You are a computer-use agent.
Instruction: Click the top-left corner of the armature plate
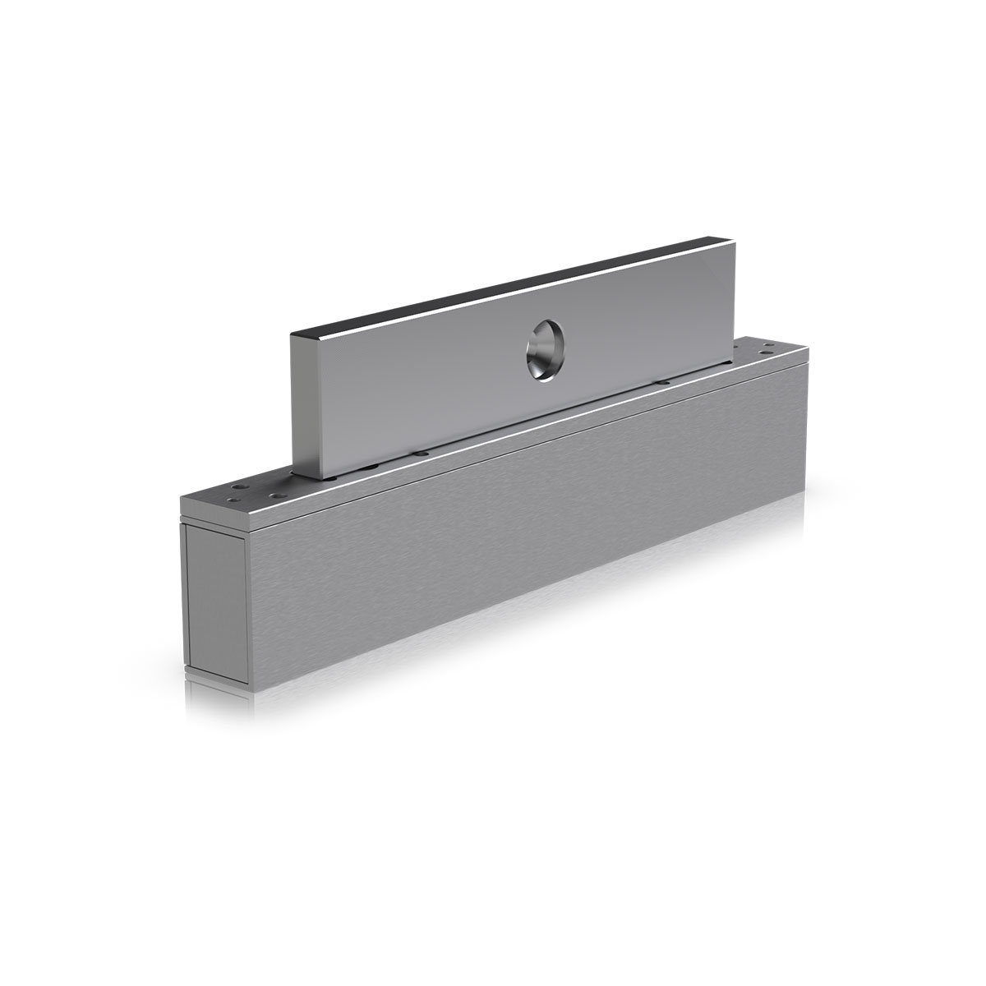[x=293, y=335]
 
